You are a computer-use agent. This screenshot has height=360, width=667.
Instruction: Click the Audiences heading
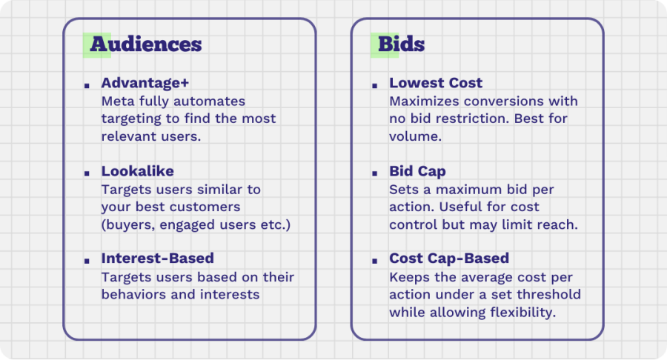146,44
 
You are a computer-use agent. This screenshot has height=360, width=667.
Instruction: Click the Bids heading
401,44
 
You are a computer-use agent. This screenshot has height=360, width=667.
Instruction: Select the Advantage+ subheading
145,83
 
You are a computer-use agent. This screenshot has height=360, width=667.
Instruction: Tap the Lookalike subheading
137,171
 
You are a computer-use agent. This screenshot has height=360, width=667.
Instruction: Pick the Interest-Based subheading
157,258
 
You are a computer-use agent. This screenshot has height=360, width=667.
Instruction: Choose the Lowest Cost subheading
436,83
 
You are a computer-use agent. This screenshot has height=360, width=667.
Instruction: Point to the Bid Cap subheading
417,171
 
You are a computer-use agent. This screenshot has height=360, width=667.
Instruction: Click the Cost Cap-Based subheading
449,259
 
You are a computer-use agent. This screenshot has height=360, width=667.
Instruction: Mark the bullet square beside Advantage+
87,86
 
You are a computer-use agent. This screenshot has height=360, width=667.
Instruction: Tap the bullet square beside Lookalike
87,173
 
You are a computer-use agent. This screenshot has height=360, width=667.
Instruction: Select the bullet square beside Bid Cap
375,173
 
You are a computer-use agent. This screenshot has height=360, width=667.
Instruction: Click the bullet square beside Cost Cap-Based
375,261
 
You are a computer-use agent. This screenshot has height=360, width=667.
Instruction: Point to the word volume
415,136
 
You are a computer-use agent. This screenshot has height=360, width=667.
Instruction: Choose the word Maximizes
425,101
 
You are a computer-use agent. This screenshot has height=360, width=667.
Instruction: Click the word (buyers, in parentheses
128,224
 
